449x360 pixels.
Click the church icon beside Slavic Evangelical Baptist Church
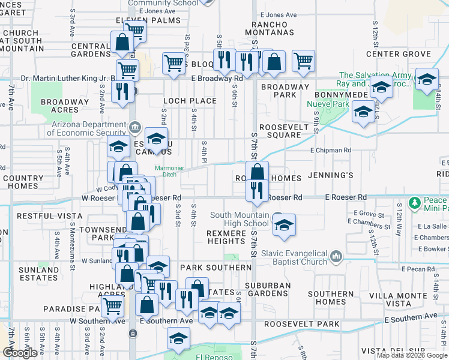(x=336, y=257)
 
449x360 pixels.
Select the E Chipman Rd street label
(x=330, y=151)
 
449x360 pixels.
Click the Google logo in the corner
(x=20, y=353)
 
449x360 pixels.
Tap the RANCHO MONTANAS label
(x=268, y=32)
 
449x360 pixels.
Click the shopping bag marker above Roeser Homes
(x=257, y=172)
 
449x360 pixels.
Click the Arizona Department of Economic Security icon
(x=135, y=127)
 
